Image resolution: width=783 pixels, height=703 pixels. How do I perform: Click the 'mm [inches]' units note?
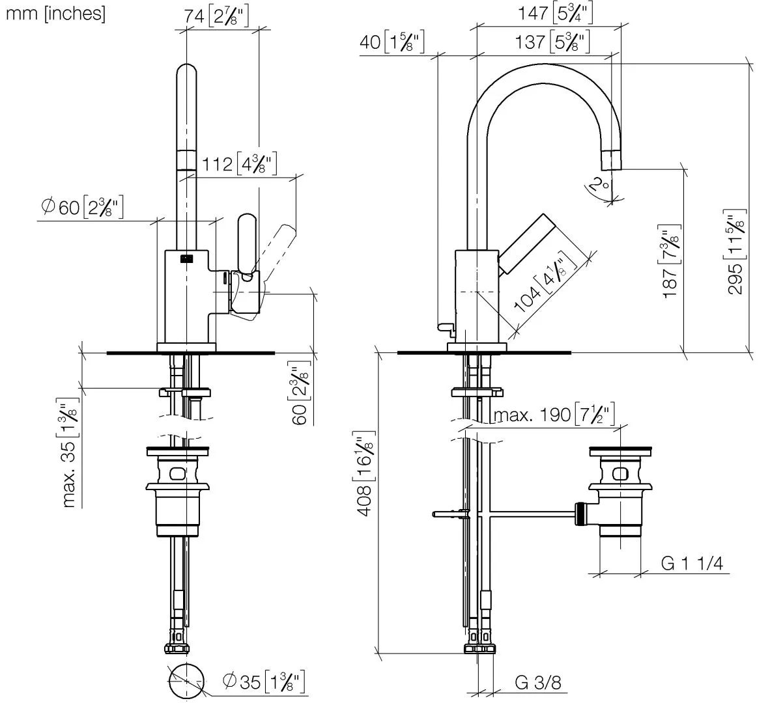click(x=55, y=14)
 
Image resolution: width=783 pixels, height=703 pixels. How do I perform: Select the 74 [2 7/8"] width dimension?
click(x=216, y=16)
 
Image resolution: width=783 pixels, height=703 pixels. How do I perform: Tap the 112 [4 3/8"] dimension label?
click(x=240, y=164)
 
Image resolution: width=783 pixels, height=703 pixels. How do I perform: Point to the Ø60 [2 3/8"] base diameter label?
click(x=82, y=206)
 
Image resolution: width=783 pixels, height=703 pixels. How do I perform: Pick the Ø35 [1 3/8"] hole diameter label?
click(x=264, y=682)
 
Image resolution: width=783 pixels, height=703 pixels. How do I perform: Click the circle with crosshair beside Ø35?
click(x=186, y=681)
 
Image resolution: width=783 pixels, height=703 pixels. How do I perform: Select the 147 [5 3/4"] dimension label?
click(x=555, y=14)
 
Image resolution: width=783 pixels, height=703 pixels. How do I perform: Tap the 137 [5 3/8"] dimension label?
click(x=552, y=42)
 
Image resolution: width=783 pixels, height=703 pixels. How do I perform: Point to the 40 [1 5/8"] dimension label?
click(x=392, y=42)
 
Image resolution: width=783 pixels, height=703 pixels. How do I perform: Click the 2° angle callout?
click(x=599, y=185)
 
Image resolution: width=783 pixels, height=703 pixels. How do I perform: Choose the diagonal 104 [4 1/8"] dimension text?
click(x=545, y=282)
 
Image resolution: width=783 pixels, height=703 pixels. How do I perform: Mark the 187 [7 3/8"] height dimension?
click(x=670, y=261)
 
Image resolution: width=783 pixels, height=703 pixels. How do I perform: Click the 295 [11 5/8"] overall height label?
click(x=735, y=251)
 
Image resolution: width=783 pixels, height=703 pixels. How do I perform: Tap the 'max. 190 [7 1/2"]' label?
click(x=554, y=415)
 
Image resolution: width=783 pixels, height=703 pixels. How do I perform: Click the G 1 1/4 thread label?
click(x=692, y=563)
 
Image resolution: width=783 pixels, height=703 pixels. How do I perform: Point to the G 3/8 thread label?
click(x=538, y=682)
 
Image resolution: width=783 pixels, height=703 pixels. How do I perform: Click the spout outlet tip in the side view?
click(x=612, y=169)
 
